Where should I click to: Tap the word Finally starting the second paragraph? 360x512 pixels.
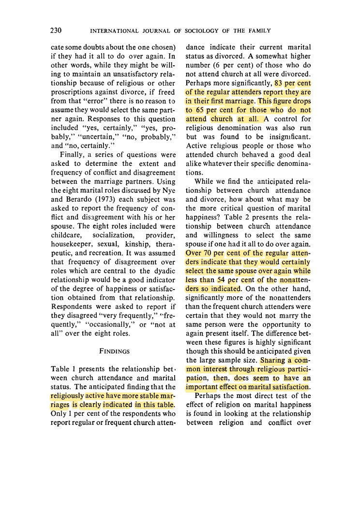74,154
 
